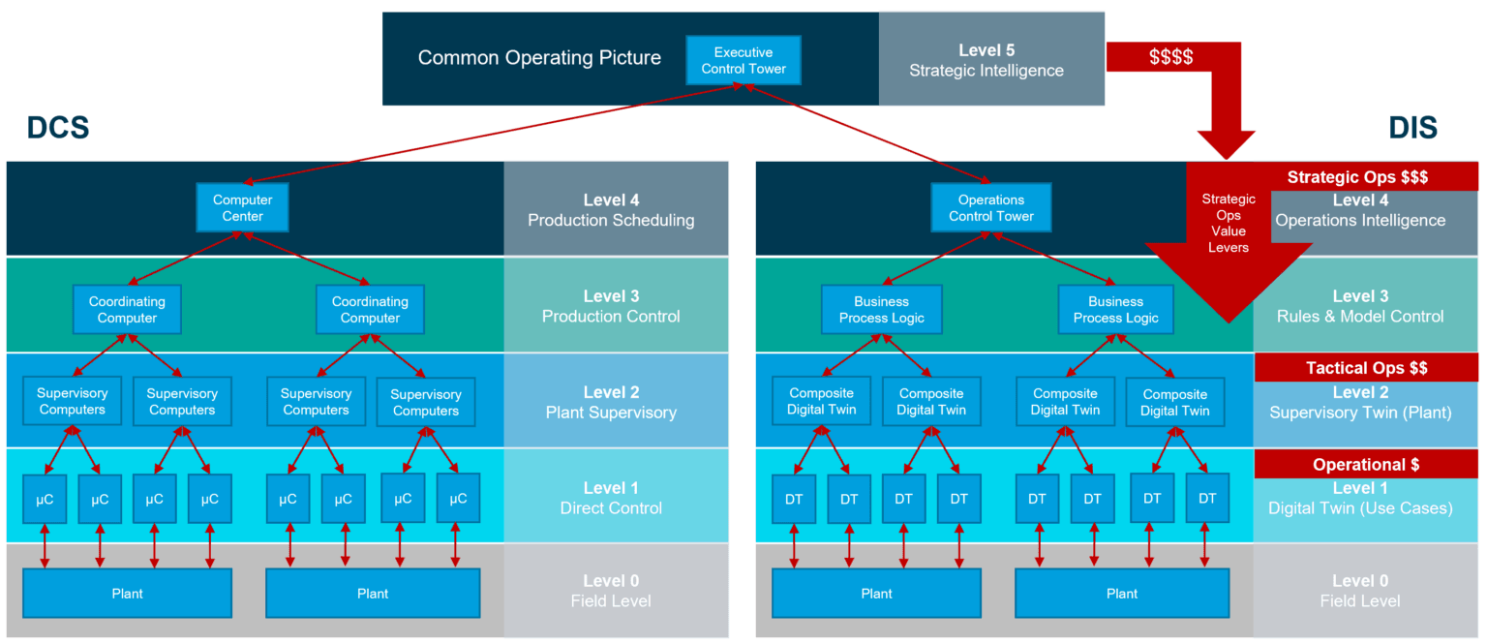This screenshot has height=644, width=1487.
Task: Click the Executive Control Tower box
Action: pyautogui.click(x=743, y=60)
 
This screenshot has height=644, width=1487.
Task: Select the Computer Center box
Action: pyautogui.click(x=242, y=208)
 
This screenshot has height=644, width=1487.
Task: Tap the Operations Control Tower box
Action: pyautogui.click(x=990, y=208)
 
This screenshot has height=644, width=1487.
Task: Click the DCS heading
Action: pyautogui.click(x=58, y=127)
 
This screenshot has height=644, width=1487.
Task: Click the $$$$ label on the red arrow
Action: pyautogui.click(x=1170, y=57)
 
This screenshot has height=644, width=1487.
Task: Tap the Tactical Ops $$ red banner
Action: pyautogui.click(x=1366, y=368)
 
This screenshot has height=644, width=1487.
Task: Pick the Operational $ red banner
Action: pyautogui.click(x=1365, y=464)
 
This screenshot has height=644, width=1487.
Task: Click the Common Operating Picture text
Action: pyautogui.click(x=539, y=58)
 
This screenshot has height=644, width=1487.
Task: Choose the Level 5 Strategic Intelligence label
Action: pyautogui.click(x=986, y=60)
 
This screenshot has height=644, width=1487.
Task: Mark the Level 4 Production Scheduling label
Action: pyautogui.click(x=611, y=210)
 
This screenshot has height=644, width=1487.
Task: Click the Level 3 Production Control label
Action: pyautogui.click(x=611, y=306)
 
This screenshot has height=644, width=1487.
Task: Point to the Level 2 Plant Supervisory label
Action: pyautogui.click(x=611, y=402)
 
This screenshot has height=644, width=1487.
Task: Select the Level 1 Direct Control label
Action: pyautogui.click(x=611, y=498)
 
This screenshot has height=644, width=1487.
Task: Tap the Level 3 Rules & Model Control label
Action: pyautogui.click(x=1359, y=306)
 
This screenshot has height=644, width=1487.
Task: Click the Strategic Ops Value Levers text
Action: pyautogui.click(x=1229, y=224)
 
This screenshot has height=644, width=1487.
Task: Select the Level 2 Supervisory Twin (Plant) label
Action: pyautogui.click(x=1359, y=403)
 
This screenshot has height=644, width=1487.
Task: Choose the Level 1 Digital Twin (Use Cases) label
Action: pyautogui.click(x=1359, y=498)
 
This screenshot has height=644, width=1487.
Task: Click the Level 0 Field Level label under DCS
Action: pyautogui.click(x=611, y=591)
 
